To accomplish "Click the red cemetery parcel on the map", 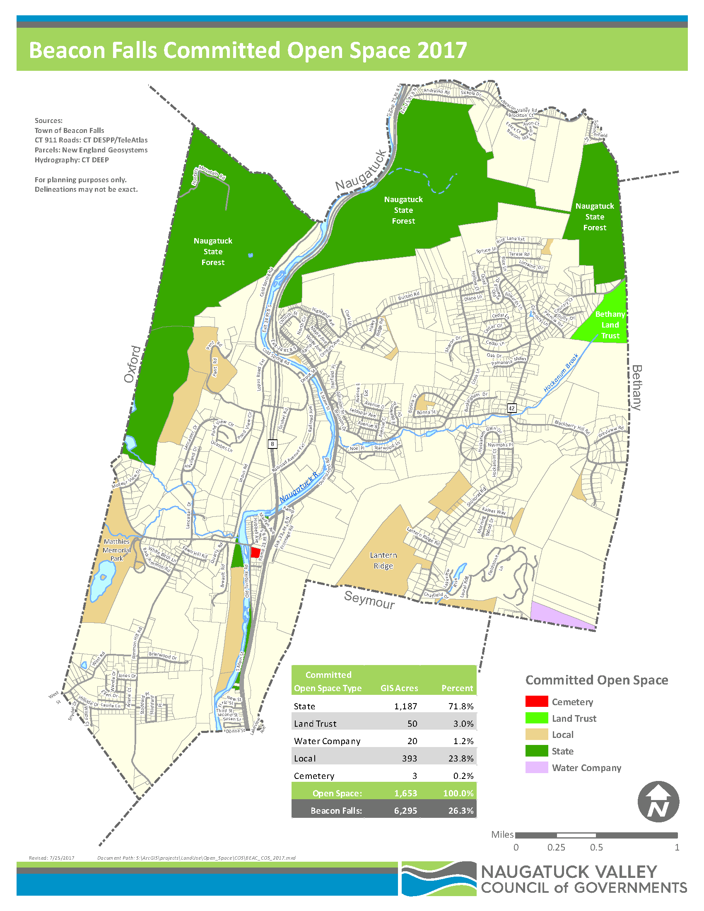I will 255,552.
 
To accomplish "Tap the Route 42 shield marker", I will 511,408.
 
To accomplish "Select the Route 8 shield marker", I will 272,444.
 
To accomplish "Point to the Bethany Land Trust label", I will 610,325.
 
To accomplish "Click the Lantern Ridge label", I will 383,560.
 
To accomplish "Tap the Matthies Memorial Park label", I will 117,549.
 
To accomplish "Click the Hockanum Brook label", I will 561,373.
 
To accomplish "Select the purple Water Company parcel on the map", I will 559,616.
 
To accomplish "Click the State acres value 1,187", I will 405,706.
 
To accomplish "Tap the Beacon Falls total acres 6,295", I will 405,810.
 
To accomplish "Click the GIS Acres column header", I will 399,688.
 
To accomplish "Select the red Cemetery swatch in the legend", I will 536,701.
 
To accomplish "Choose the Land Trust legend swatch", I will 536,718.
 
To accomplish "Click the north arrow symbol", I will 658,802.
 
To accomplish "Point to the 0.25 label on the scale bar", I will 556,847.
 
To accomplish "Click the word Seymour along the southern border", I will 369,600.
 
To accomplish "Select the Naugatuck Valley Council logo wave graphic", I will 439,878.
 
